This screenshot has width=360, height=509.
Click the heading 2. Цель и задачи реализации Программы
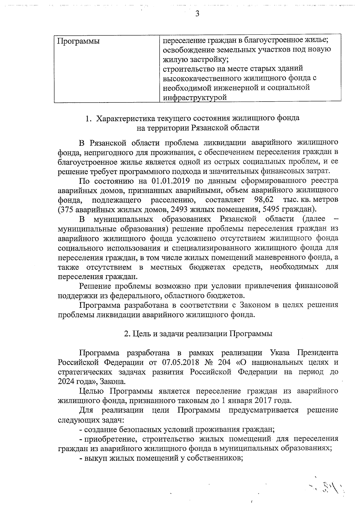[x=198, y=334]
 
